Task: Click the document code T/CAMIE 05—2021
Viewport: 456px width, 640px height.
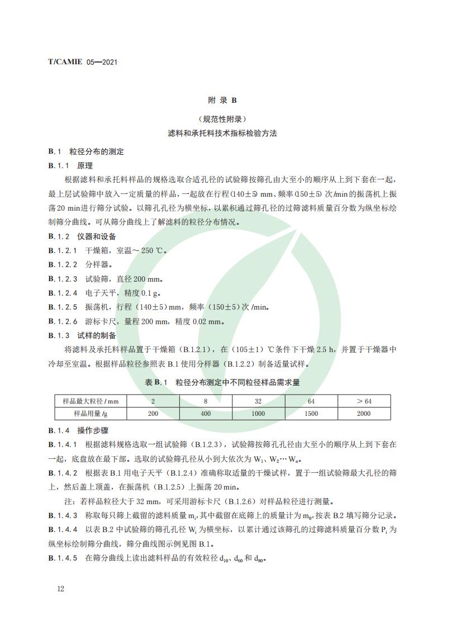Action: point(82,63)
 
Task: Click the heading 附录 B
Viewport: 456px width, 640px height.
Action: point(222,101)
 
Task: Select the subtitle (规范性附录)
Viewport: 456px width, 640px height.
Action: point(222,119)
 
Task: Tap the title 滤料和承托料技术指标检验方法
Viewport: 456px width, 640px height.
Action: point(222,134)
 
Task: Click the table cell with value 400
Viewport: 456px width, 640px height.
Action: point(206,414)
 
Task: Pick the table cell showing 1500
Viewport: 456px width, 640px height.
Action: point(312,414)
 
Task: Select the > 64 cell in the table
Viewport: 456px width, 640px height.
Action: point(364,401)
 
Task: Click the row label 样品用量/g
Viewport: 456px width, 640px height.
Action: point(91,414)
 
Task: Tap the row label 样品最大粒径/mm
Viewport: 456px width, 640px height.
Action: point(91,401)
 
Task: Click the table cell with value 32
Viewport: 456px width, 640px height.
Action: point(259,401)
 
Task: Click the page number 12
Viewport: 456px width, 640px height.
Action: point(60,589)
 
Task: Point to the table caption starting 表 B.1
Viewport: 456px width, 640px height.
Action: point(222,382)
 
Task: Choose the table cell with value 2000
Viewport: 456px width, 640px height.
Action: point(364,414)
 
